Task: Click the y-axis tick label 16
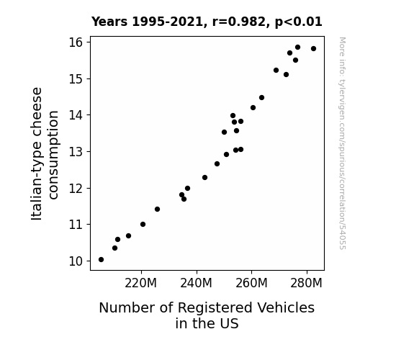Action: (x=76, y=42)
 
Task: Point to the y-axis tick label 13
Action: (x=76, y=152)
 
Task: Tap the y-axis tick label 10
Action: (x=76, y=261)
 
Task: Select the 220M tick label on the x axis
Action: (x=140, y=283)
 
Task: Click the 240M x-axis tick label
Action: (x=196, y=283)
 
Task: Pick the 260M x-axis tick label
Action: (x=251, y=283)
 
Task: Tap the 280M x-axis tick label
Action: (x=306, y=283)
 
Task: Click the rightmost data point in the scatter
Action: (x=313, y=48)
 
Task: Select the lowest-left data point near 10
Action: (x=101, y=260)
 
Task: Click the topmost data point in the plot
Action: (x=297, y=48)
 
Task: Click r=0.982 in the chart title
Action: (x=239, y=22)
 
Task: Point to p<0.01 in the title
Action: (x=299, y=22)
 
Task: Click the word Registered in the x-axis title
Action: (x=215, y=308)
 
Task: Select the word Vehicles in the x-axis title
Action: (x=286, y=307)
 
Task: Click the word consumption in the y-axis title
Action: (x=53, y=155)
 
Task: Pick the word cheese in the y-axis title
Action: (x=37, y=114)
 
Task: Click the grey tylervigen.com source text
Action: (x=343, y=143)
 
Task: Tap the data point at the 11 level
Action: (x=143, y=224)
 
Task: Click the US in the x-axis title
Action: (x=227, y=323)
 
